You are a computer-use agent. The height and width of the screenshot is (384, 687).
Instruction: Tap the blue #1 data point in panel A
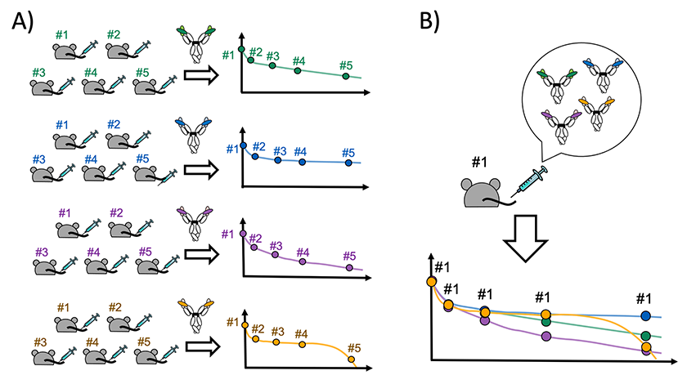coord(242,145)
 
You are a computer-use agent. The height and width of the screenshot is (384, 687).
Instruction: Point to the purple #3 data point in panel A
coord(275,256)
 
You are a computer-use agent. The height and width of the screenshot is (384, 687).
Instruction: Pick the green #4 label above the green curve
coord(299,60)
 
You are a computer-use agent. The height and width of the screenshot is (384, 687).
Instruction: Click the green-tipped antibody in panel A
coord(195,45)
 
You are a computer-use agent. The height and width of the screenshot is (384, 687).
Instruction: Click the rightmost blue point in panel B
coord(646,315)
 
